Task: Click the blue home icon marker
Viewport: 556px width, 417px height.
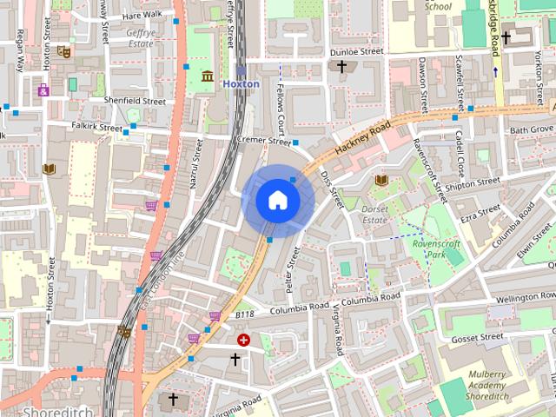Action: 277,200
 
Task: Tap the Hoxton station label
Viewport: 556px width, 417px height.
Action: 241,83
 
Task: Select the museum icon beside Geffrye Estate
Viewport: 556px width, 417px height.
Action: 208,77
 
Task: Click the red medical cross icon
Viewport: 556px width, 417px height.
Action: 244,340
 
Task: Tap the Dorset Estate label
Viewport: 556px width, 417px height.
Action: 374,214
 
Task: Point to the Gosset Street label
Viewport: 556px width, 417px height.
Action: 477,337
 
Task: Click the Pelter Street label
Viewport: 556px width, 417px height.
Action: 293,269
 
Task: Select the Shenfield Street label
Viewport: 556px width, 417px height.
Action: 135,101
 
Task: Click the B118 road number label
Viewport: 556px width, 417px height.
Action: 246,316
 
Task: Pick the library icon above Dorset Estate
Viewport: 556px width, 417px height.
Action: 381,180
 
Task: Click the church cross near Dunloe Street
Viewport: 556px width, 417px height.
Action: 342,67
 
